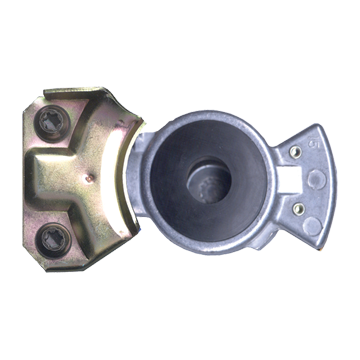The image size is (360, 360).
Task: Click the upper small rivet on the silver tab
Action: coord(296,151)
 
